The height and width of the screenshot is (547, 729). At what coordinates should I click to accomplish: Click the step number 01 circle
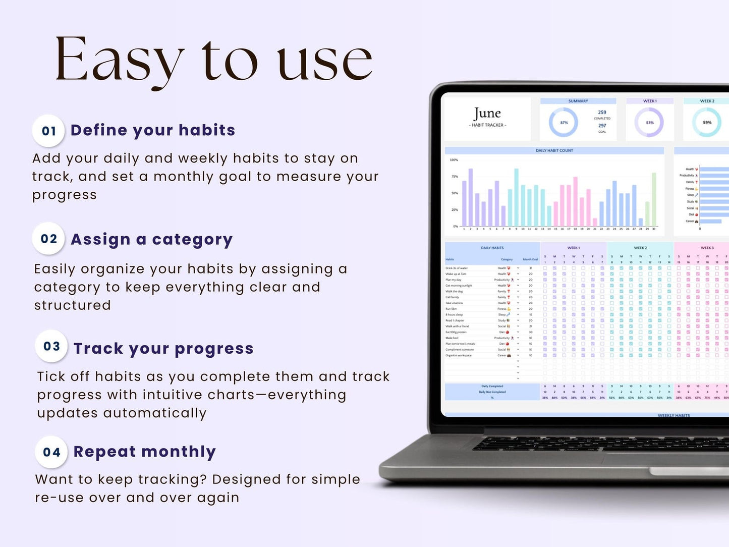click(x=48, y=131)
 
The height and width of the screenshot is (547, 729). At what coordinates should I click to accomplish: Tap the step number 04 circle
click(x=51, y=452)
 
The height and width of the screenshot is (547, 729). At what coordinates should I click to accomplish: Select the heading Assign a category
click(x=151, y=239)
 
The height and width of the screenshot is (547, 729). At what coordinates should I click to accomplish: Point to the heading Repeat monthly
click(x=144, y=452)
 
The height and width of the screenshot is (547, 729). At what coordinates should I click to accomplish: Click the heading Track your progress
click(x=163, y=349)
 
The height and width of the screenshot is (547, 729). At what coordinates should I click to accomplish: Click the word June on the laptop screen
click(x=487, y=113)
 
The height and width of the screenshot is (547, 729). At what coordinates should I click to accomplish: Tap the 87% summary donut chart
click(x=563, y=123)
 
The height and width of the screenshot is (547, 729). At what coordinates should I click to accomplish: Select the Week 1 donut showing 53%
click(x=649, y=123)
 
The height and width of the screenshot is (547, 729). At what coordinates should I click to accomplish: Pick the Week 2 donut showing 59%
click(x=707, y=123)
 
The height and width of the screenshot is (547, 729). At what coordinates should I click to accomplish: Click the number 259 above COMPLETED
click(x=602, y=113)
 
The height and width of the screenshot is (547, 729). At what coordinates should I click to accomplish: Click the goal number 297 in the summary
click(x=602, y=126)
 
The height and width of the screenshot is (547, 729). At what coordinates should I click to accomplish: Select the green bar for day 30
click(x=654, y=199)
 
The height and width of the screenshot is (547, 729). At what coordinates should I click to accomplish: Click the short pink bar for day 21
click(x=595, y=222)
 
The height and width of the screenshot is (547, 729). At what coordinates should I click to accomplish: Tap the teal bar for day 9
click(x=516, y=197)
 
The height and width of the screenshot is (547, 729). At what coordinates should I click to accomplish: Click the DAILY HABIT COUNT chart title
click(x=554, y=150)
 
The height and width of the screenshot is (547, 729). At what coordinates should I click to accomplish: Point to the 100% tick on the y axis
click(x=454, y=160)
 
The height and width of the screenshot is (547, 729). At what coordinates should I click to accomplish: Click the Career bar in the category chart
click(x=710, y=221)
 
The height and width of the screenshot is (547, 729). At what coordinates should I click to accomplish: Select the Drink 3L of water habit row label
click(x=457, y=268)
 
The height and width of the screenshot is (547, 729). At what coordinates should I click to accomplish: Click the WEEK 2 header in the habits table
click(x=640, y=248)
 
